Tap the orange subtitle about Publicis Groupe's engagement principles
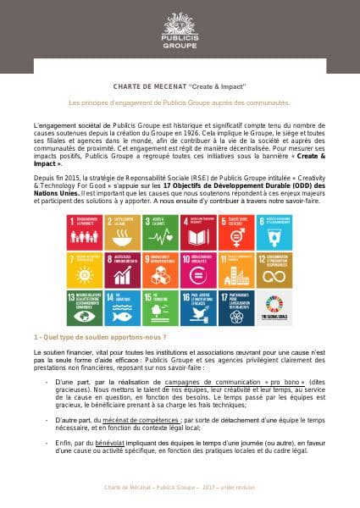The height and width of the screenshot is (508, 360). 179,102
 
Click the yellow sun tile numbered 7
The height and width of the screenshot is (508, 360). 85,269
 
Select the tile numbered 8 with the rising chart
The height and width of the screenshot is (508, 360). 122,269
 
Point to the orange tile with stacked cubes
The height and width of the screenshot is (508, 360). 160,269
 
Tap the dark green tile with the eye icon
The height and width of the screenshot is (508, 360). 85,307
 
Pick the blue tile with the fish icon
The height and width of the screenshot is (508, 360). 122,307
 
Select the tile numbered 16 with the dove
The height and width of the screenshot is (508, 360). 197,307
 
